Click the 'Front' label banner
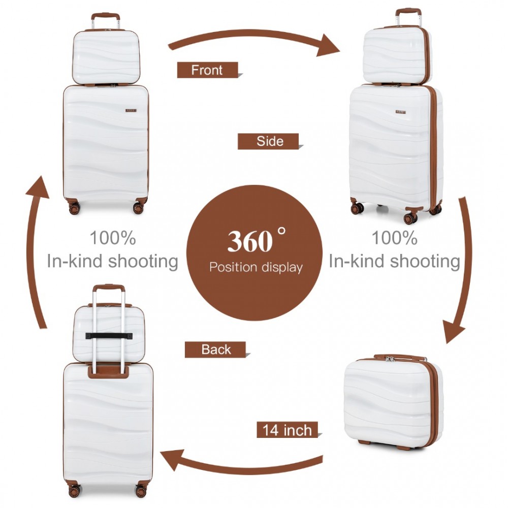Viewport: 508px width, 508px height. click(x=207, y=70)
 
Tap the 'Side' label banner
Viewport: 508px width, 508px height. click(x=268, y=141)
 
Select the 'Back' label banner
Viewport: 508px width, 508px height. click(x=215, y=350)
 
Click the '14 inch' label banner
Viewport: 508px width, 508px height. click(x=288, y=430)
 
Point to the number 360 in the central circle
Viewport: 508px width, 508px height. click(x=250, y=241)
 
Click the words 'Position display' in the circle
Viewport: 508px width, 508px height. click(x=256, y=267)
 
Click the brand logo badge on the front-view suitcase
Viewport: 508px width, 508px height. click(x=131, y=111)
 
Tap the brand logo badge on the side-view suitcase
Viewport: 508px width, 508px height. click(x=400, y=112)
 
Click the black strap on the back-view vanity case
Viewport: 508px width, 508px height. click(x=109, y=336)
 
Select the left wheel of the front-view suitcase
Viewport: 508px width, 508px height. click(x=74, y=208)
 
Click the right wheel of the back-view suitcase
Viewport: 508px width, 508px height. click(x=141, y=491)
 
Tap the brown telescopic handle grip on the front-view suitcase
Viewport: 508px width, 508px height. click(x=105, y=16)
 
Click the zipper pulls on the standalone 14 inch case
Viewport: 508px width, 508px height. click(x=390, y=359)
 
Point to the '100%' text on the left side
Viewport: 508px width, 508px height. click(x=112, y=238)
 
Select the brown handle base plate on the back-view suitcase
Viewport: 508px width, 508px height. click(x=109, y=372)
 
